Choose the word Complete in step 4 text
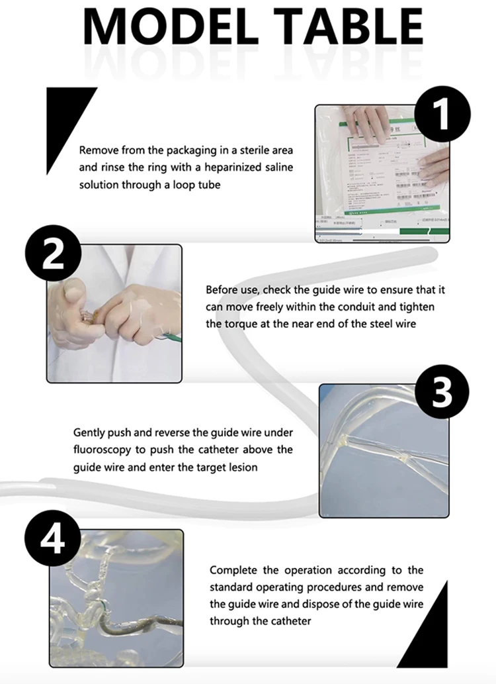(x=232, y=570)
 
